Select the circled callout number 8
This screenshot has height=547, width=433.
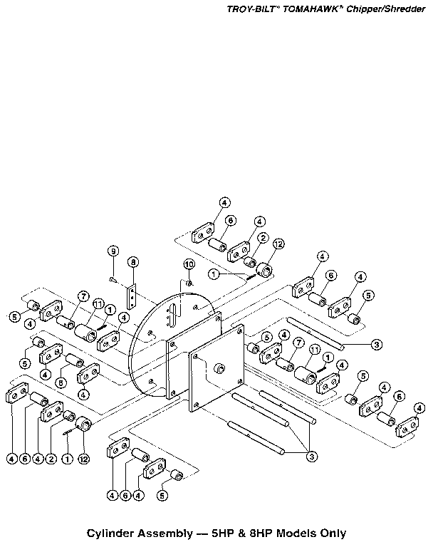133,262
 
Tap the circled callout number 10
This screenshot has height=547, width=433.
189,264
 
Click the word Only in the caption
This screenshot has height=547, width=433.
335,533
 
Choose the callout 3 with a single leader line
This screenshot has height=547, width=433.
376,345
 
